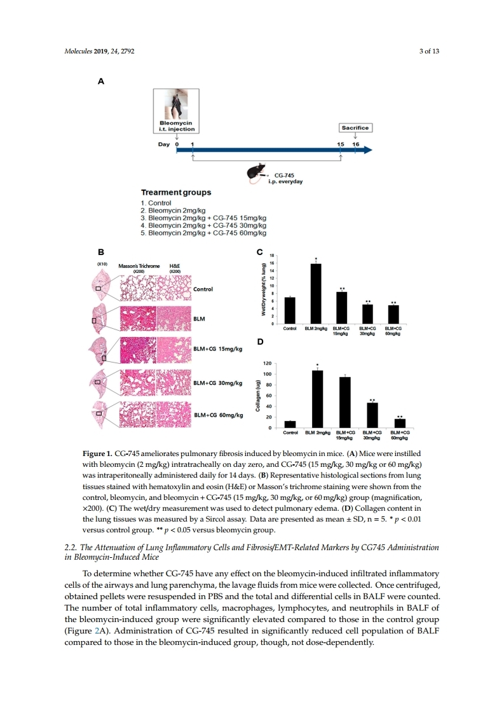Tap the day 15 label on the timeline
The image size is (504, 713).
[341, 144]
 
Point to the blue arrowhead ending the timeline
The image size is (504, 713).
[367, 151]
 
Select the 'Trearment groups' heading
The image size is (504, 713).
[177, 192]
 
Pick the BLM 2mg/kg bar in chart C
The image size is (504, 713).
[315, 294]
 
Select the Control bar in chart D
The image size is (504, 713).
[290, 424]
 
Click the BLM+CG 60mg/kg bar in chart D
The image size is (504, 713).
[400, 423]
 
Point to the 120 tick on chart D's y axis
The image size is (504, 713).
[268, 363]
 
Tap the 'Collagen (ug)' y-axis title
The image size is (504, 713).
[259, 396]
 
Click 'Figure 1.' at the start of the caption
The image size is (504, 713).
[97, 453]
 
